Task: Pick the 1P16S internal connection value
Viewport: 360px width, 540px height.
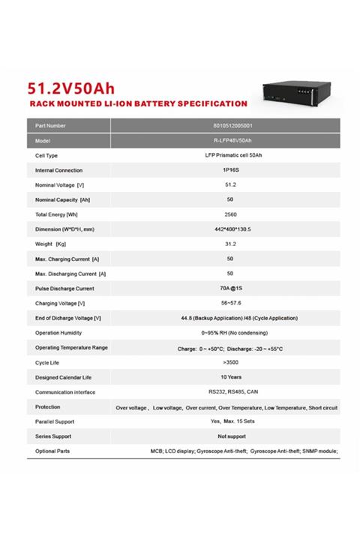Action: [x=230, y=170]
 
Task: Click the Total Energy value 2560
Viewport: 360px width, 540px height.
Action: [x=230, y=214]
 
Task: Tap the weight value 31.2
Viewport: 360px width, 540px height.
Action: [x=230, y=244]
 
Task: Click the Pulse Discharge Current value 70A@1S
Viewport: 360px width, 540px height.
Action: [x=230, y=288]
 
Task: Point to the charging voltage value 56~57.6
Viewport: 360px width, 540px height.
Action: [x=230, y=303]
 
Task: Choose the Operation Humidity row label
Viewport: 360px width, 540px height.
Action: [x=58, y=332]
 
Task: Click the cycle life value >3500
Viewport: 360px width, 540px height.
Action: [x=230, y=362]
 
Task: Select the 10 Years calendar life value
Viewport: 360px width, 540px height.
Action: [x=230, y=377]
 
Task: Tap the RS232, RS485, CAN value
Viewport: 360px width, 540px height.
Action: [x=230, y=391]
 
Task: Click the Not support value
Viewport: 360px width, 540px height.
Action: [x=230, y=436]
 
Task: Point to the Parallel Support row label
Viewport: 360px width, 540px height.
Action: [x=55, y=421]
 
